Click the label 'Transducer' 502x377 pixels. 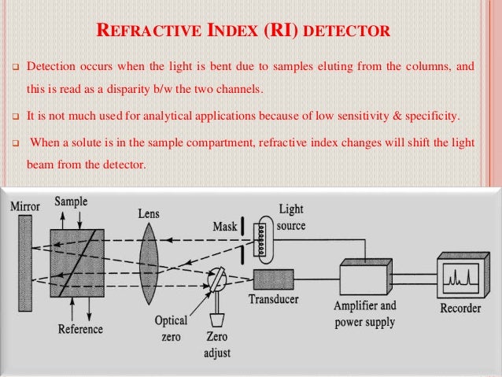275,301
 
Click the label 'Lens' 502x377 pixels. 149,213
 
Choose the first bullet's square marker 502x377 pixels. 13,68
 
